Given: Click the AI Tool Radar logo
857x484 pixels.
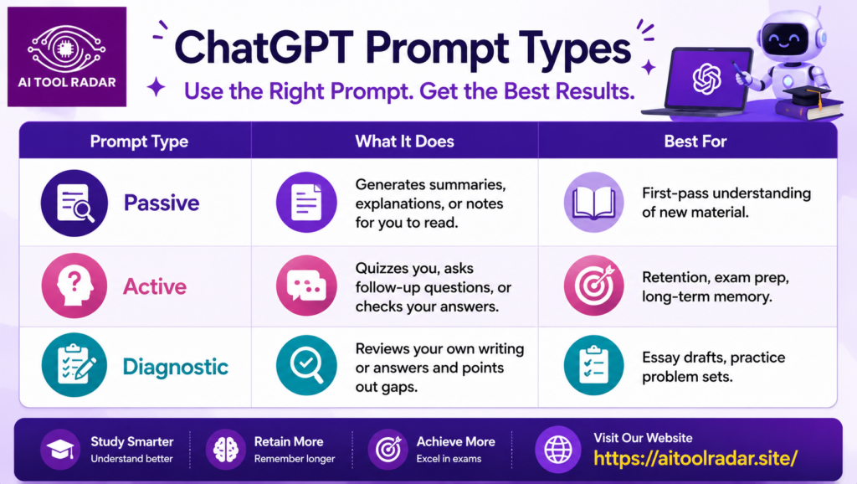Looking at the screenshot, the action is [x=67, y=57].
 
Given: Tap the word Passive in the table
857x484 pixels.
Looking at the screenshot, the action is [x=162, y=203].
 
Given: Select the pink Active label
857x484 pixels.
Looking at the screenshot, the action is [x=155, y=286].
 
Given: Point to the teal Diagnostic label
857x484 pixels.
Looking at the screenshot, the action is [x=175, y=367].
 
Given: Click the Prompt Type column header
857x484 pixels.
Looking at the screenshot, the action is [x=139, y=142].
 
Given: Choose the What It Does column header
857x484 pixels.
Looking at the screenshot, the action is [x=404, y=142].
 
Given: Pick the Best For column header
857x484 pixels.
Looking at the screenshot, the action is [x=695, y=142].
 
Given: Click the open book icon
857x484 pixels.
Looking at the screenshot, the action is [x=593, y=203].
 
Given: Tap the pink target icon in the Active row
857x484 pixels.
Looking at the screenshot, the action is [x=593, y=286].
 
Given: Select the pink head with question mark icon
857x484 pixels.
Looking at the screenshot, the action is [x=74, y=286].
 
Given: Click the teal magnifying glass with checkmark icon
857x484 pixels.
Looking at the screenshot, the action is [x=306, y=365].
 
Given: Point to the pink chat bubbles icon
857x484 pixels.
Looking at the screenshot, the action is [x=306, y=286].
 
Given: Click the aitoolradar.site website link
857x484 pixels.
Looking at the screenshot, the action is [x=695, y=458].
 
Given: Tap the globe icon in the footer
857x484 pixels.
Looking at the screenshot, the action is [x=558, y=451].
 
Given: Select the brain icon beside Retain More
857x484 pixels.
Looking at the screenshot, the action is [x=226, y=450].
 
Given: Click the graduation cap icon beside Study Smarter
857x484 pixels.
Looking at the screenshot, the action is [x=60, y=450].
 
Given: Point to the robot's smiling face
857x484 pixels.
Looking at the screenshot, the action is [x=784, y=39].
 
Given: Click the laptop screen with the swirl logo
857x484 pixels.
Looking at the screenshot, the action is [x=706, y=78].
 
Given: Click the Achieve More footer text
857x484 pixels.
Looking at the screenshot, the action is [x=456, y=441].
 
